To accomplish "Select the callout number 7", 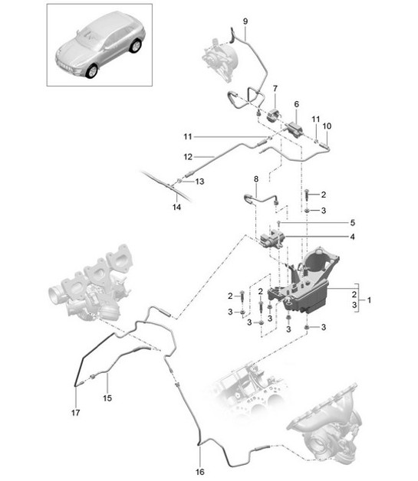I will (x=275, y=89).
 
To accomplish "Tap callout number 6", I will (x=296, y=103).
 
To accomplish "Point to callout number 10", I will (x=327, y=126).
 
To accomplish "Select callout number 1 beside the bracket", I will (x=370, y=300).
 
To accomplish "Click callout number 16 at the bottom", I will (x=199, y=473).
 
